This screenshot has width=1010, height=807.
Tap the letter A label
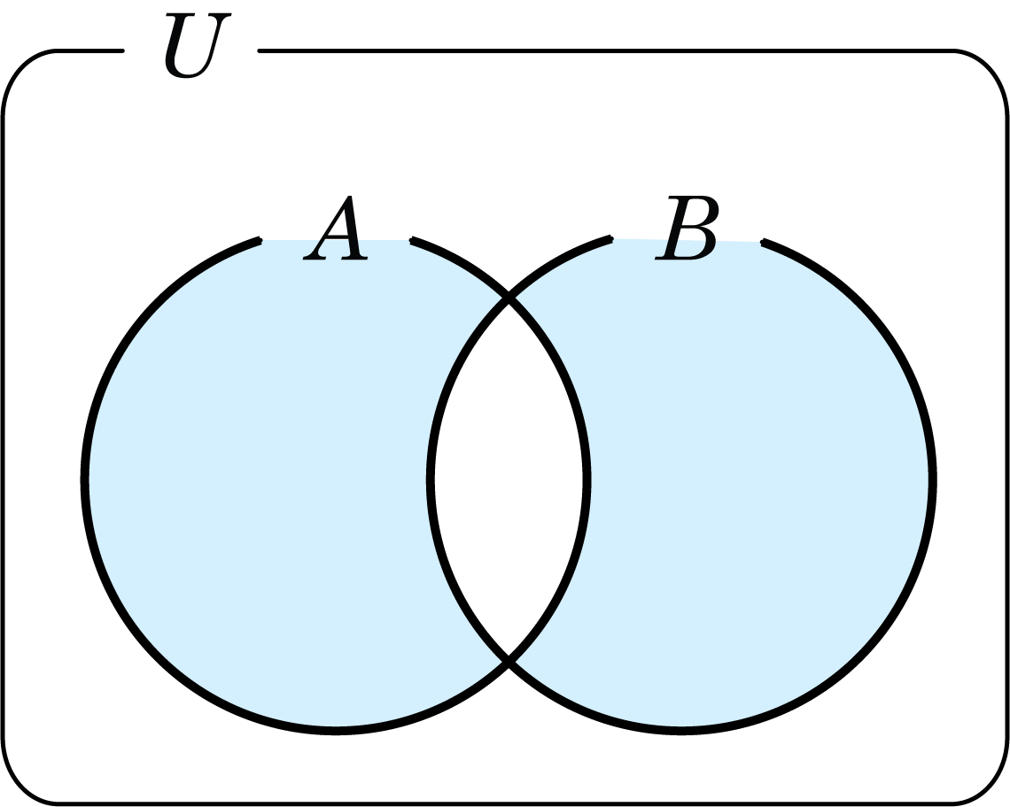(x=336, y=228)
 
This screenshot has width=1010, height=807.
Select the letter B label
(x=687, y=228)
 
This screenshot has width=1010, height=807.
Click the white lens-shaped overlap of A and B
(x=509, y=480)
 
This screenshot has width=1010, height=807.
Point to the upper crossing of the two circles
(x=509, y=297)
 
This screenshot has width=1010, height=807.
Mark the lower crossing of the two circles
(x=509, y=660)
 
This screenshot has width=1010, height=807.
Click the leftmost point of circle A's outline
(x=85, y=480)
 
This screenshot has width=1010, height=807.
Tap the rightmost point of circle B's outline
(x=933, y=480)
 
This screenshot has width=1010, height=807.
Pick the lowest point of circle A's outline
(x=336, y=730)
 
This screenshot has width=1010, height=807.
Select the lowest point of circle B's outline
(x=682, y=730)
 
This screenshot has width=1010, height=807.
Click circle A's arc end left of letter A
(x=260, y=241)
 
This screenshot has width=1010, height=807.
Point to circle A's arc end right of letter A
(x=412, y=241)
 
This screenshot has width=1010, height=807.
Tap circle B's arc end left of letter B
(x=611, y=239)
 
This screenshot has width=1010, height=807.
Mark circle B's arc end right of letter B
(x=764, y=243)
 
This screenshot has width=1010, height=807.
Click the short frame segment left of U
(x=90, y=50)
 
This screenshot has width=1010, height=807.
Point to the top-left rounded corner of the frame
(x=20, y=67)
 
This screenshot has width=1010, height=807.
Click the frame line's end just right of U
(x=260, y=50)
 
